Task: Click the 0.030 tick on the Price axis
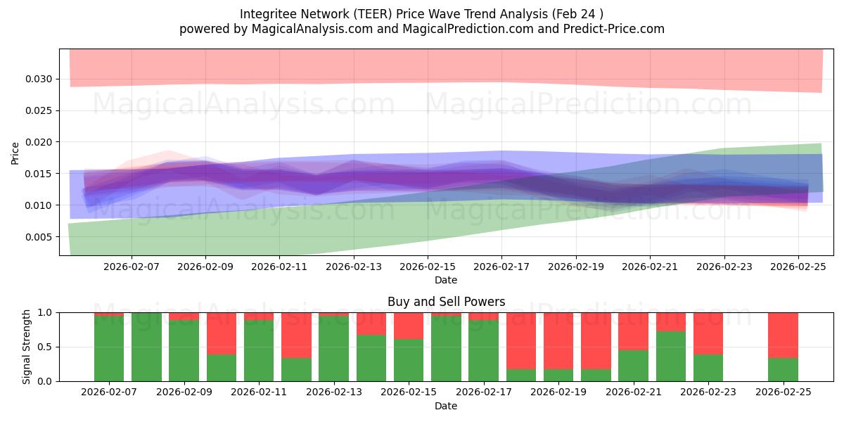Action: [x=39, y=79]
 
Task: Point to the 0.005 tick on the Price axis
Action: [x=39, y=237]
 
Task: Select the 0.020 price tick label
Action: [x=39, y=142]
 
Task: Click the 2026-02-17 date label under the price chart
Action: [x=501, y=267]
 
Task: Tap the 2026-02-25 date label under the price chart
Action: [x=798, y=267]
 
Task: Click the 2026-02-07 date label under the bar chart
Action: [x=109, y=392]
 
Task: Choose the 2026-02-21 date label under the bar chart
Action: [x=633, y=392]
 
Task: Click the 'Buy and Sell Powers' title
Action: [x=446, y=302]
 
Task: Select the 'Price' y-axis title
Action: [x=15, y=153]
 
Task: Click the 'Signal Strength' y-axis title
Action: [x=27, y=347]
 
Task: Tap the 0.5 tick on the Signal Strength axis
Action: [x=46, y=347]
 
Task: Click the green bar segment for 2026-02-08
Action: [x=146, y=347]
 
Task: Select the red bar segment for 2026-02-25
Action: [x=783, y=335]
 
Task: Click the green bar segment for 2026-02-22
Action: [x=671, y=356]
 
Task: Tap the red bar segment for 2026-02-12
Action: [x=296, y=335]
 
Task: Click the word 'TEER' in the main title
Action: [x=378, y=14]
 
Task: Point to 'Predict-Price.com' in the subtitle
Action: [x=616, y=29]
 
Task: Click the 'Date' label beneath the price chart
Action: [x=446, y=280]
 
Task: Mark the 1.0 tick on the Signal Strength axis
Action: [x=46, y=312]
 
